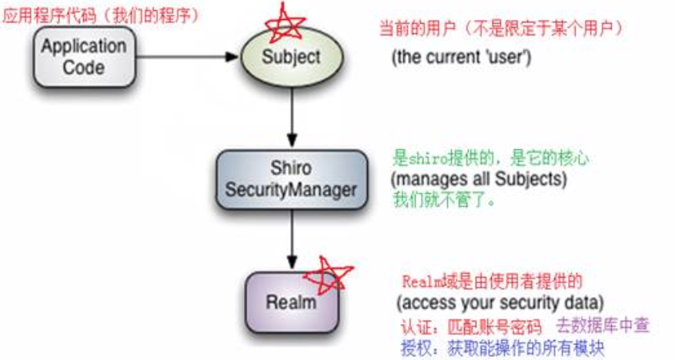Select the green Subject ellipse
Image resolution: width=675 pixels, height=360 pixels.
click(x=290, y=56)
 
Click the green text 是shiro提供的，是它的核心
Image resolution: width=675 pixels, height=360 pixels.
click(x=491, y=159)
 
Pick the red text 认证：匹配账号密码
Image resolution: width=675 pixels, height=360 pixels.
click(x=470, y=325)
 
